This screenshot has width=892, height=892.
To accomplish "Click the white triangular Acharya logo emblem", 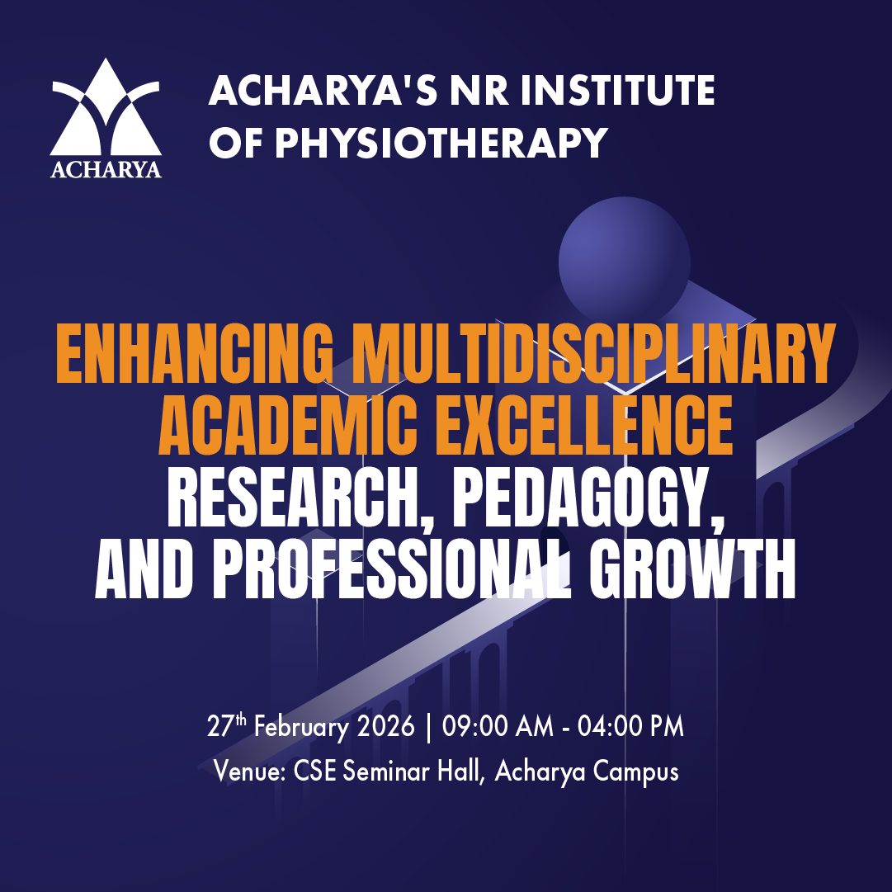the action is click(x=106, y=107).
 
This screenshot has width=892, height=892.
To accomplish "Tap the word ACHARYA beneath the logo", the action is click(x=106, y=169).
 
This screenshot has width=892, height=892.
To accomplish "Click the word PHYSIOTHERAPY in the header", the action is click(x=441, y=142).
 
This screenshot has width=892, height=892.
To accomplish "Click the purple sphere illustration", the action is click(x=624, y=262).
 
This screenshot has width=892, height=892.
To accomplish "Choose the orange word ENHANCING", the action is click(x=195, y=354).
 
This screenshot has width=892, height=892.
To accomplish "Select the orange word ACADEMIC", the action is click(x=288, y=424).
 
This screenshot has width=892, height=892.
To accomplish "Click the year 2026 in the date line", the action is click(x=385, y=726).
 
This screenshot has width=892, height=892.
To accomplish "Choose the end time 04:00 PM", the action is click(x=630, y=726).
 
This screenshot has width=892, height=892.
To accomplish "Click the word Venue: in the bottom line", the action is click(x=250, y=772).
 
